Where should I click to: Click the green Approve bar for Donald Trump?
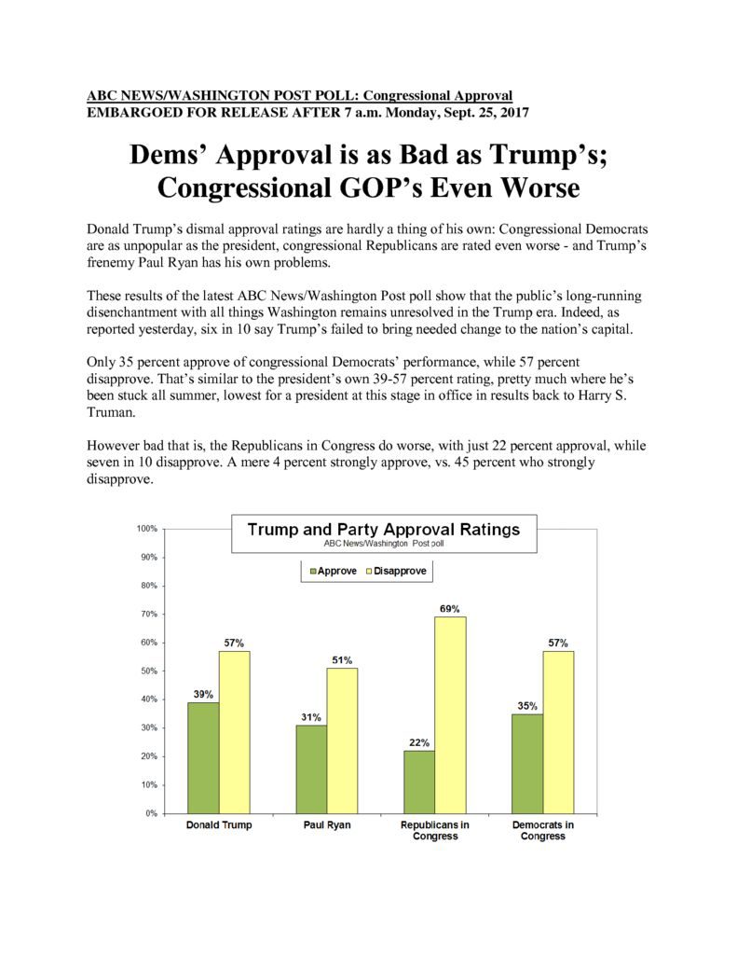point(203,757)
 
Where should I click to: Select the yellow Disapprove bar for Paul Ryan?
point(342,740)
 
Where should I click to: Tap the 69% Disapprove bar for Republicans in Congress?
point(450,715)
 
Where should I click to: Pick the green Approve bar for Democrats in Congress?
point(527,764)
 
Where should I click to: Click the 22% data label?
point(419,742)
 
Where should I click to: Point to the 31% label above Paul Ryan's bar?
point(311,717)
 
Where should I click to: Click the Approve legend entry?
point(333,571)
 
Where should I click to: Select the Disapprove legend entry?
point(396,571)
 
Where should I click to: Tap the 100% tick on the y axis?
point(146,528)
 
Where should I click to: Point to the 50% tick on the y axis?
point(149,671)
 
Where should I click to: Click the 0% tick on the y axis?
point(151,813)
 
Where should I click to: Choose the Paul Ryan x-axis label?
point(327,824)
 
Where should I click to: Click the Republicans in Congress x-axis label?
point(434,830)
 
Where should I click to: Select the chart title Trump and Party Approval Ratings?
point(384,529)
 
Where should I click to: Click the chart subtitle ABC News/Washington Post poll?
point(384,543)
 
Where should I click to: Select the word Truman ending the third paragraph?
point(110,411)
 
